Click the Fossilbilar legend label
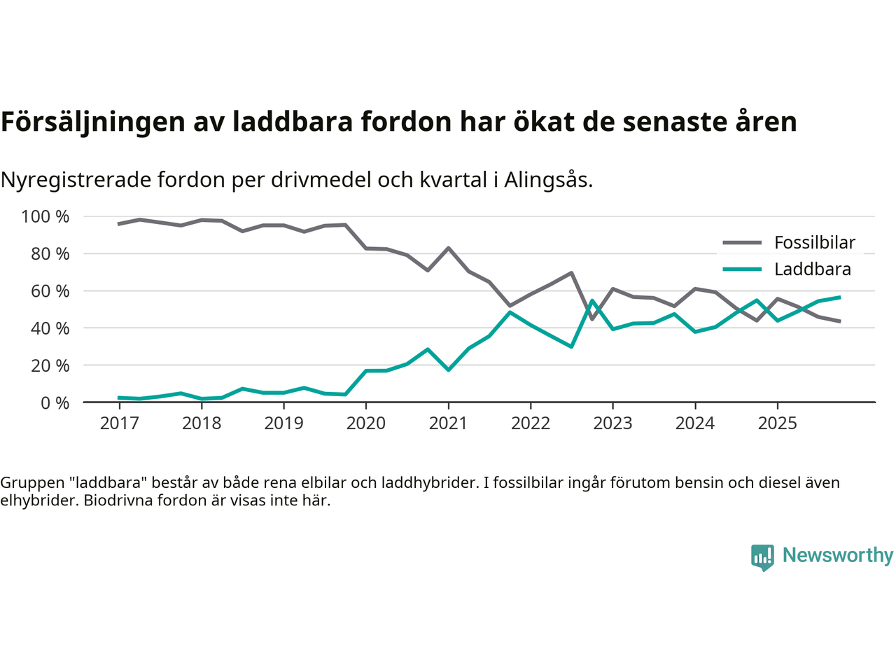click(x=814, y=243)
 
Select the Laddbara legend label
click(x=812, y=269)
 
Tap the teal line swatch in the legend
click(x=741, y=269)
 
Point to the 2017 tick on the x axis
click(x=119, y=423)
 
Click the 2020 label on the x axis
click(x=366, y=423)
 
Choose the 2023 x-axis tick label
click(x=612, y=423)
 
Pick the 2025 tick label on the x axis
click(x=777, y=423)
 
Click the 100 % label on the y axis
click(x=45, y=217)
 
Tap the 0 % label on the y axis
click(x=55, y=403)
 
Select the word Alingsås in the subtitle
click(x=548, y=180)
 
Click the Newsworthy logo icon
click(x=762, y=557)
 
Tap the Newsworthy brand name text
click(x=837, y=555)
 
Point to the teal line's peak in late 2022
click(x=592, y=301)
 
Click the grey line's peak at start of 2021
click(x=448, y=248)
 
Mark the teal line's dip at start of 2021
click(x=448, y=370)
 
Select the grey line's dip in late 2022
click(x=592, y=319)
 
